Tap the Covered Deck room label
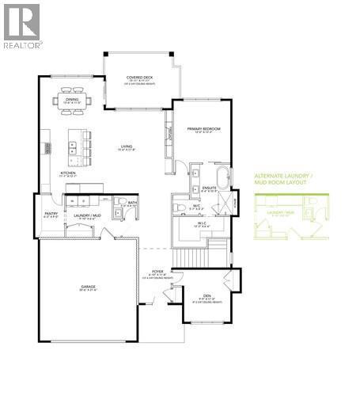[x=140, y=79]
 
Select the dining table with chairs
[x=78, y=101]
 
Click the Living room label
[x=126, y=147]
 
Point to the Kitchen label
[x=68, y=173]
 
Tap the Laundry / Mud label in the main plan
[x=86, y=215]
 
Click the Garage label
[x=88, y=287]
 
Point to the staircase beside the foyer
[x=191, y=257]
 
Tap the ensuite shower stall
[x=224, y=204]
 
